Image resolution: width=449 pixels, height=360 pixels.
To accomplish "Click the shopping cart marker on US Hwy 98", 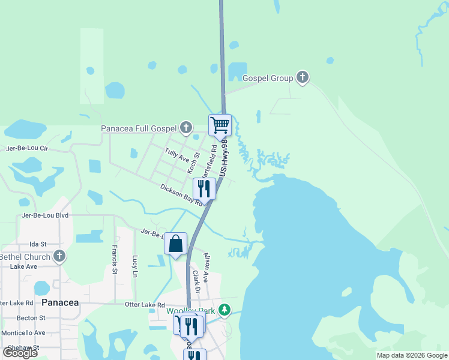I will [220, 125].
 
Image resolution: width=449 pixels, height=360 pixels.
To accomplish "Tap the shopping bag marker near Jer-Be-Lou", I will [175, 244].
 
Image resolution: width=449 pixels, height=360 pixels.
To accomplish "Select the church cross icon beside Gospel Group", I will [303, 77].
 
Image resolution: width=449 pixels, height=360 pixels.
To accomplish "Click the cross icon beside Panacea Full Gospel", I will [186, 127].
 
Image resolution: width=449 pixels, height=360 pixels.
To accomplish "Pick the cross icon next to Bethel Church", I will [59, 257].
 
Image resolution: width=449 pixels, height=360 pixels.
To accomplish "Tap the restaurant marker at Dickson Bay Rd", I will [204, 188].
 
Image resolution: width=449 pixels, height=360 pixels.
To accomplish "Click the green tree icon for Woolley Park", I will [224, 310].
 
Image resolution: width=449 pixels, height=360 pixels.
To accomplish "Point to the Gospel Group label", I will [268, 78].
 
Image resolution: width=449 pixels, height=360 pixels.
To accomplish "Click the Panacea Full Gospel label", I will [138, 128].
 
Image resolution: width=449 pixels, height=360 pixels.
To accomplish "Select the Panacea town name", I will [60, 302].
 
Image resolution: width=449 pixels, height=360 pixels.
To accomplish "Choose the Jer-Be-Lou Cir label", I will [26, 148].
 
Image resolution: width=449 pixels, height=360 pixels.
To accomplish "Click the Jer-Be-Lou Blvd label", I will [45, 215].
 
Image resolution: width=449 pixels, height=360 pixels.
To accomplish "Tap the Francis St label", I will [113, 256].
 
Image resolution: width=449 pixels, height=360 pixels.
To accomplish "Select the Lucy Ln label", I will [134, 266].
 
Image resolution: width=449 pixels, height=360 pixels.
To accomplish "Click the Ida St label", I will [38, 245].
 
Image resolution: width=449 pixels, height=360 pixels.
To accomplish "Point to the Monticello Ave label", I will [23, 332].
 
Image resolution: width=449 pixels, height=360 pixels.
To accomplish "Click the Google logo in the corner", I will [20, 353].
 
